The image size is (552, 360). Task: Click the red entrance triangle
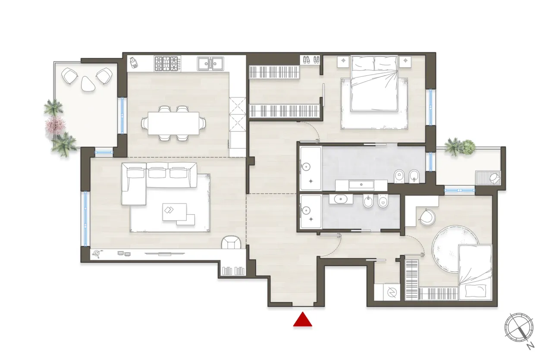click(303, 320)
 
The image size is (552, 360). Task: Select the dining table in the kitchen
click(173, 123)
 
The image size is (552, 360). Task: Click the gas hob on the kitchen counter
click(166, 63)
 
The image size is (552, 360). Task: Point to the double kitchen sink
click(210, 63)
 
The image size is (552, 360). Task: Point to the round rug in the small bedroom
click(455, 250)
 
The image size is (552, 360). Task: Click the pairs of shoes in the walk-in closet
click(310, 60)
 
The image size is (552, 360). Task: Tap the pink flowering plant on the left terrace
click(54, 125)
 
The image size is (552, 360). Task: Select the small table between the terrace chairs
click(88, 83)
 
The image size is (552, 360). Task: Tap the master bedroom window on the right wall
click(430, 107)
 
